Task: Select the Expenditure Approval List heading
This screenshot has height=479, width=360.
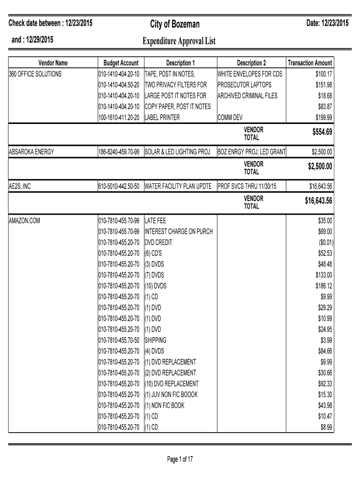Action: pyautogui.click(x=179, y=42)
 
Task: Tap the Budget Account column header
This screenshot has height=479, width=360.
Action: pyautogui.click(x=121, y=63)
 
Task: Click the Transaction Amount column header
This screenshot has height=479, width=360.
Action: pyautogui.click(x=310, y=63)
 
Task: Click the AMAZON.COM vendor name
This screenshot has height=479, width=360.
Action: pyautogui.click(x=25, y=220)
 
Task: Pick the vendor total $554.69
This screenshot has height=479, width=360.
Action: pyautogui.click(x=322, y=133)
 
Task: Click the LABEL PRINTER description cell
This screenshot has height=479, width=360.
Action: pyautogui.click(x=162, y=117)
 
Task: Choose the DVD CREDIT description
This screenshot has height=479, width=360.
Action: pyautogui.click(x=158, y=242)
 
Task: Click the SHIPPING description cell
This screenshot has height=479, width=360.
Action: pyautogui.click(x=156, y=340)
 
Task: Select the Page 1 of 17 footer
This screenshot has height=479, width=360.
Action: pyautogui.click(x=180, y=459)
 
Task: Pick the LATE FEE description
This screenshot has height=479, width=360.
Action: pyautogui.click(x=155, y=220)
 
